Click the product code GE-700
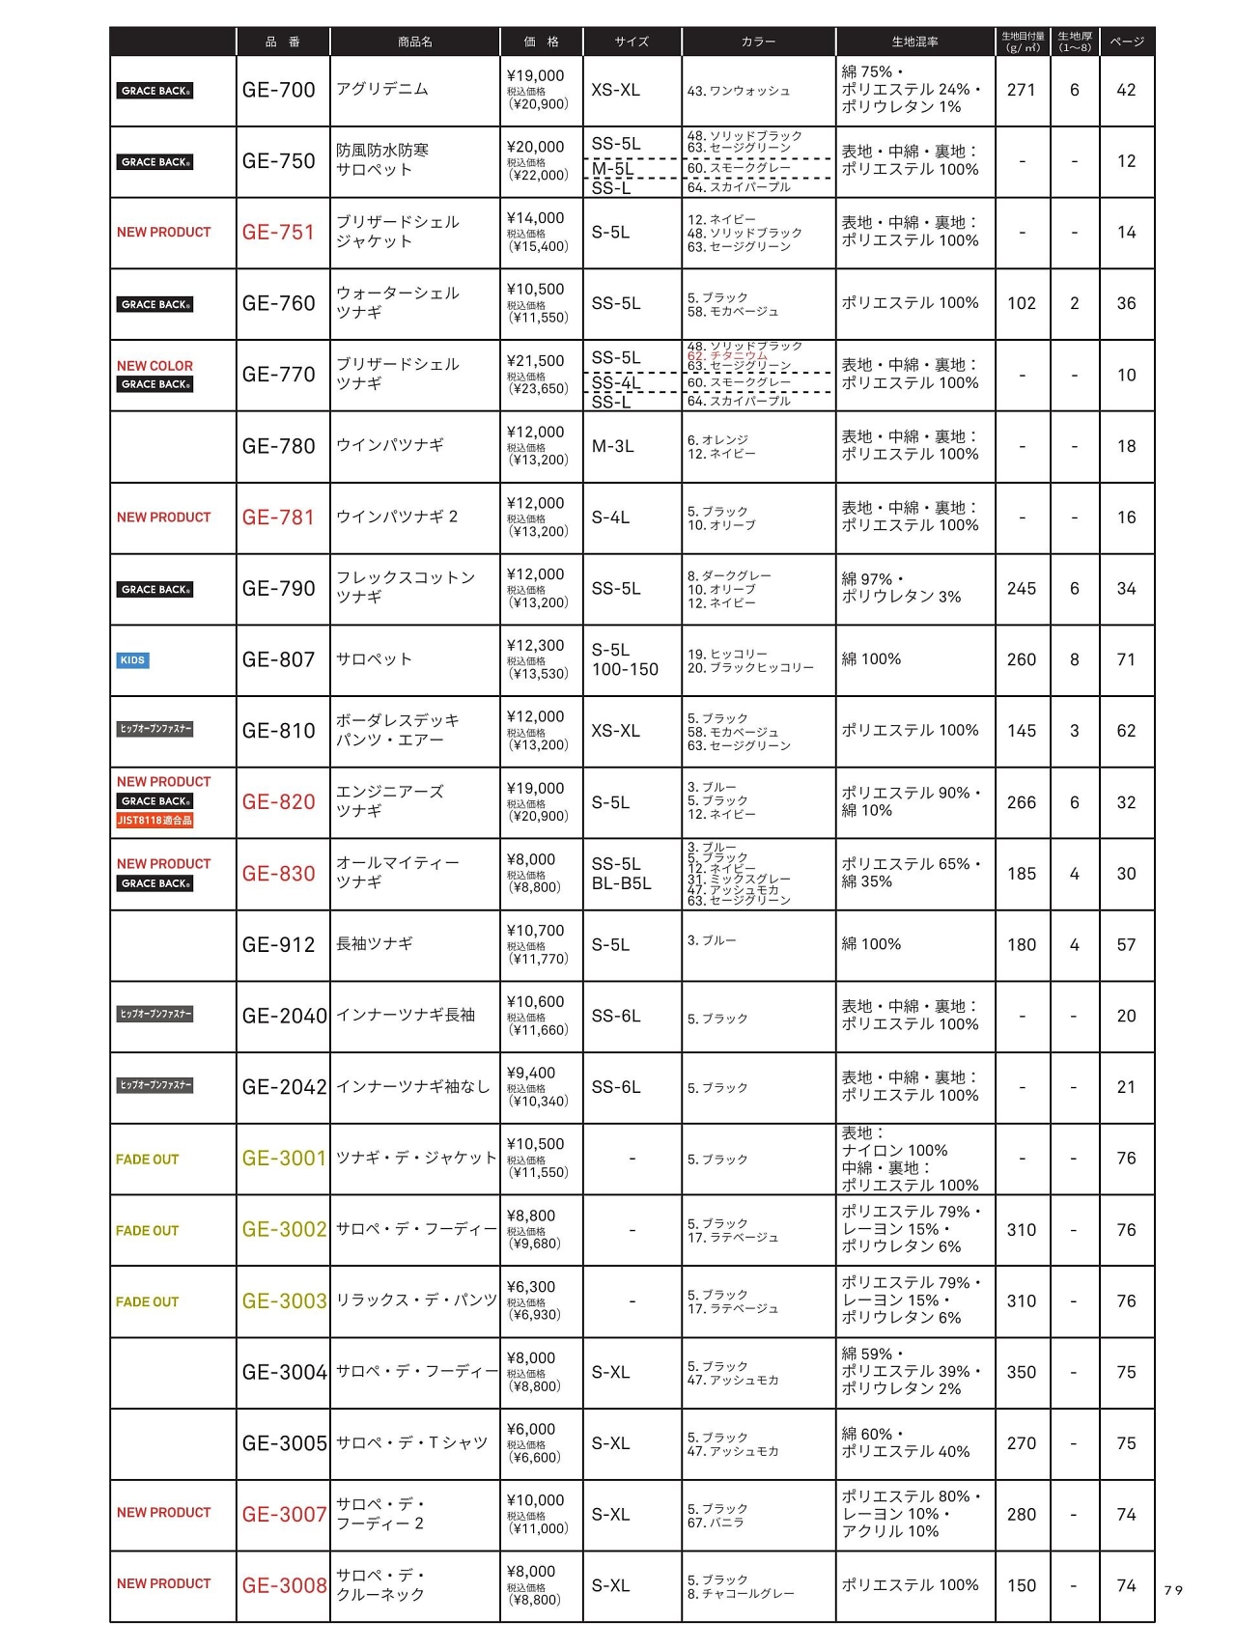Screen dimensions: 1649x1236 tap(278, 90)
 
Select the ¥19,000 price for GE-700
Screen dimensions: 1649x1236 tap(535, 75)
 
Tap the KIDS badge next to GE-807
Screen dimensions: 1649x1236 tap(132, 660)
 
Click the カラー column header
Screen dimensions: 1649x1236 tap(758, 42)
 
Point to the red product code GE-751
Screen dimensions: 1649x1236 tap(278, 233)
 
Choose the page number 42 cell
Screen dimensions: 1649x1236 tap(1126, 90)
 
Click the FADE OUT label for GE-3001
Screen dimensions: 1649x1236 tap(147, 1160)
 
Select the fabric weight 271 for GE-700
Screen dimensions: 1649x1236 tap(1021, 90)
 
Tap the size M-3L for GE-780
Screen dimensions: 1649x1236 tap(612, 446)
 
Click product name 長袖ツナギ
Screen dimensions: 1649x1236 tap(375, 944)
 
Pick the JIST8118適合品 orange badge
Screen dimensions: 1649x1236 tap(154, 821)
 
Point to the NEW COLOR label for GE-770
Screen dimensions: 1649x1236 tap(154, 366)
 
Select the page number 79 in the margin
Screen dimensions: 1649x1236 tap(1173, 1590)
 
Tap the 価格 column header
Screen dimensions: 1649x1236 tap(541, 42)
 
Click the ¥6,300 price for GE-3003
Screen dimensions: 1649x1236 tap(530, 1287)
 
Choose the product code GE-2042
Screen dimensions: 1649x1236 tap(284, 1087)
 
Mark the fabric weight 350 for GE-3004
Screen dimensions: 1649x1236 tap(1021, 1372)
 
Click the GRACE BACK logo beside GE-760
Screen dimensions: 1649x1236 tap(155, 304)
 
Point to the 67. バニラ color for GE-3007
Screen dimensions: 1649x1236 tap(716, 1523)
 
